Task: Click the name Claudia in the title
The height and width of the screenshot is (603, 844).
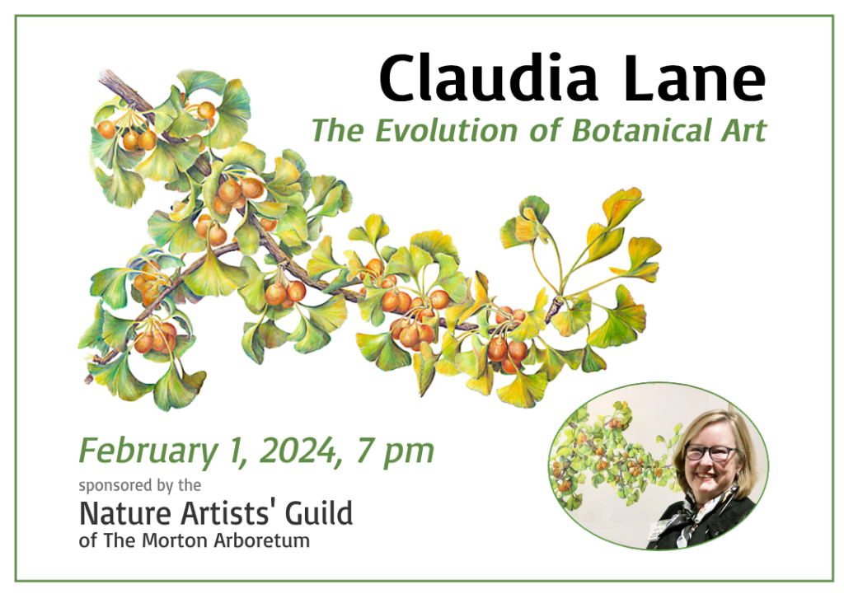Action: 488,77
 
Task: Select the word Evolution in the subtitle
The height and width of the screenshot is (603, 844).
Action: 446,131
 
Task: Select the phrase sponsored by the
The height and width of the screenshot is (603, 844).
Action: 140,486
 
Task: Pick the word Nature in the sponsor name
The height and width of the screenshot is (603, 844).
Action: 126,513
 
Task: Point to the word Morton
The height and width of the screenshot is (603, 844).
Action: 175,540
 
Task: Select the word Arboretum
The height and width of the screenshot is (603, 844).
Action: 261,540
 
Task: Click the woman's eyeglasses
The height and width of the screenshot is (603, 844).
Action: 711,452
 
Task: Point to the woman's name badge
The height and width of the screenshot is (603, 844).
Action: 663,530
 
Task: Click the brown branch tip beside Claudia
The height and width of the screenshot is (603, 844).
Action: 108,78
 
